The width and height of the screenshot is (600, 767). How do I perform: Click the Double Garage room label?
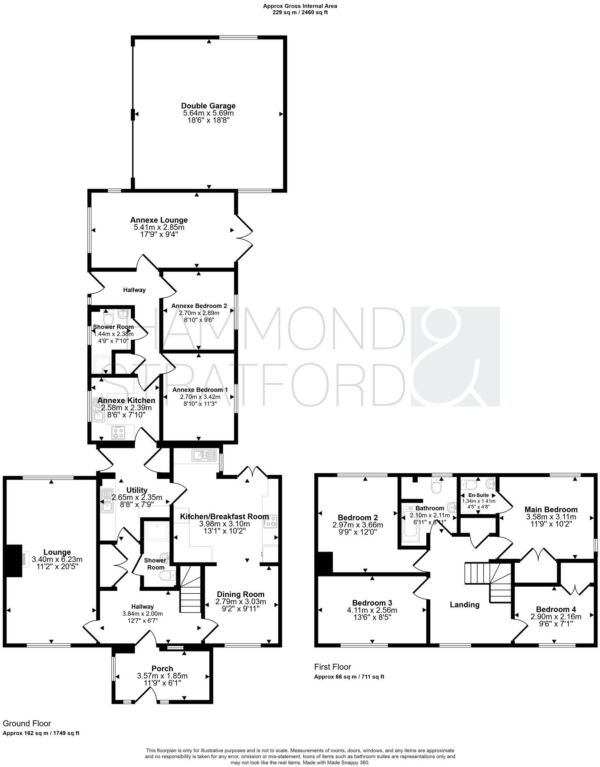pyautogui.click(x=208, y=106)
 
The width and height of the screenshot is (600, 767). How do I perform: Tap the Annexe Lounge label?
pyautogui.click(x=159, y=220)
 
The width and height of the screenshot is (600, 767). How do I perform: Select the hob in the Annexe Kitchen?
pyautogui.click(x=118, y=432)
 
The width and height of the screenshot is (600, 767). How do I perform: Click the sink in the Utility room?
pyautogui.click(x=107, y=500)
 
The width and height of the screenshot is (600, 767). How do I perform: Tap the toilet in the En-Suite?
pyautogui.click(x=469, y=485)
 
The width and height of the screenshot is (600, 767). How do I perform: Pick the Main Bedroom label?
pyautogui.click(x=551, y=509)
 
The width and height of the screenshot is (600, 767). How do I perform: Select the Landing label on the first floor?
pyautogui.click(x=464, y=605)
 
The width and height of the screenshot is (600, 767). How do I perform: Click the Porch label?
pyautogui.click(x=162, y=669)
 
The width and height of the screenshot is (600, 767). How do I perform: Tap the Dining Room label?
pyautogui.click(x=241, y=594)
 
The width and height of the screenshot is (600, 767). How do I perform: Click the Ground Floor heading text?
pyautogui.click(x=27, y=724)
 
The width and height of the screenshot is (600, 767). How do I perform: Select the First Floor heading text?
pyautogui.click(x=332, y=667)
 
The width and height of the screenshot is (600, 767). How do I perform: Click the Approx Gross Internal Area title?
pyautogui.click(x=300, y=6)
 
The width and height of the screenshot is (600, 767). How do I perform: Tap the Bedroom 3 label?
pyautogui.click(x=372, y=603)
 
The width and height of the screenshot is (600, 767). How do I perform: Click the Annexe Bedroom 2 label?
pyautogui.click(x=199, y=306)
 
